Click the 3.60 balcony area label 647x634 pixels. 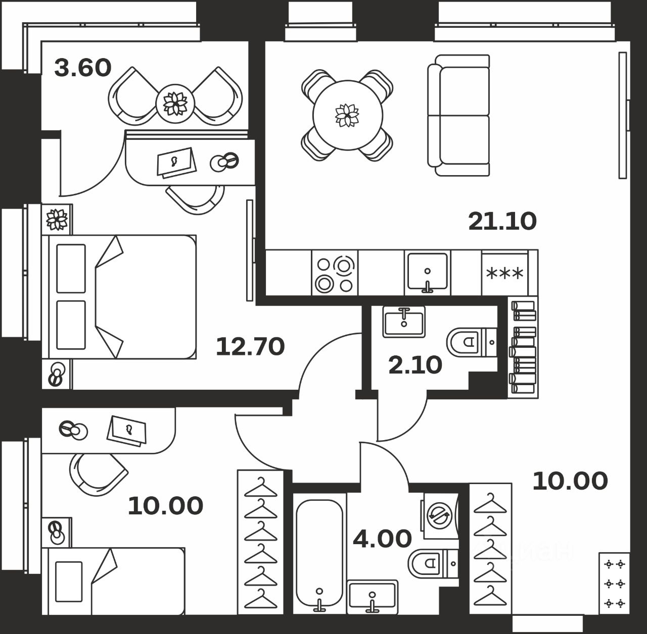click(82, 68)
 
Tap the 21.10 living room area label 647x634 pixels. click(502, 221)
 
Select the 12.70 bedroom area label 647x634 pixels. click(250, 347)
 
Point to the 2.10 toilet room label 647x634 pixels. click(415, 364)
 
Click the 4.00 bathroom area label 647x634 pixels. click(382, 539)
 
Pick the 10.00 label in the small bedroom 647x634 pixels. click(165, 506)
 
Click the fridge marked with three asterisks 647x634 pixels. click(504, 274)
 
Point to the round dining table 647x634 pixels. click(347, 115)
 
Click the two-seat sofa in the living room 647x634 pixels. click(459, 115)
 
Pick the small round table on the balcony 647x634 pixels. click(175, 103)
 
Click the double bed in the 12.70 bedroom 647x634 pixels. click(121, 297)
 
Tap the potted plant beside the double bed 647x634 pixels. click(57, 219)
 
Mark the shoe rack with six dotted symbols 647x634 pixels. click(614, 583)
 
